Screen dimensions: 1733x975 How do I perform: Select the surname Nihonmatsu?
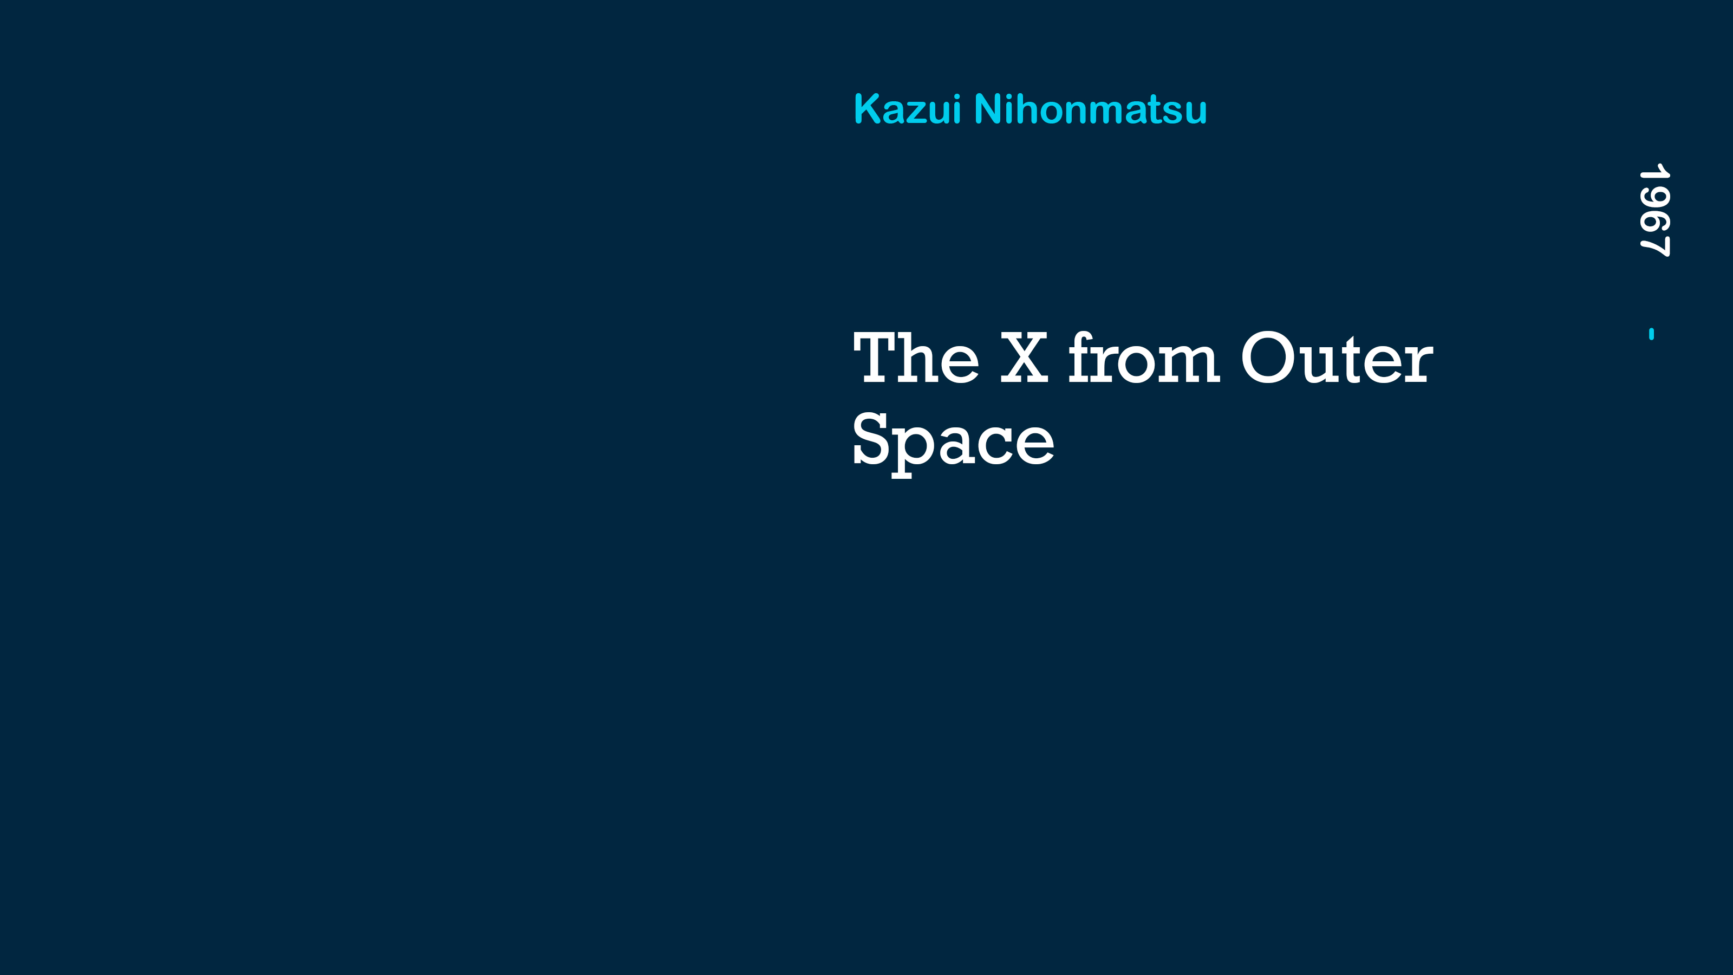pyautogui.click(x=1091, y=109)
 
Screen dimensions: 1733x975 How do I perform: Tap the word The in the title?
pyautogui.click(x=916, y=358)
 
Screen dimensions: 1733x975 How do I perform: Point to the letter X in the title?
pyautogui.click(x=1024, y=358)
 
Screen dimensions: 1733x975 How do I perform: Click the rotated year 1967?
pyautogui.click(x=1653, y=210)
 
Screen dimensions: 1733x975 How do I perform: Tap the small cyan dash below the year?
pyautogui.click(x=1652, y=334)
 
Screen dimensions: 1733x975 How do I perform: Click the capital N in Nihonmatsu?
pyautogui.click(x=988, y=109)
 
